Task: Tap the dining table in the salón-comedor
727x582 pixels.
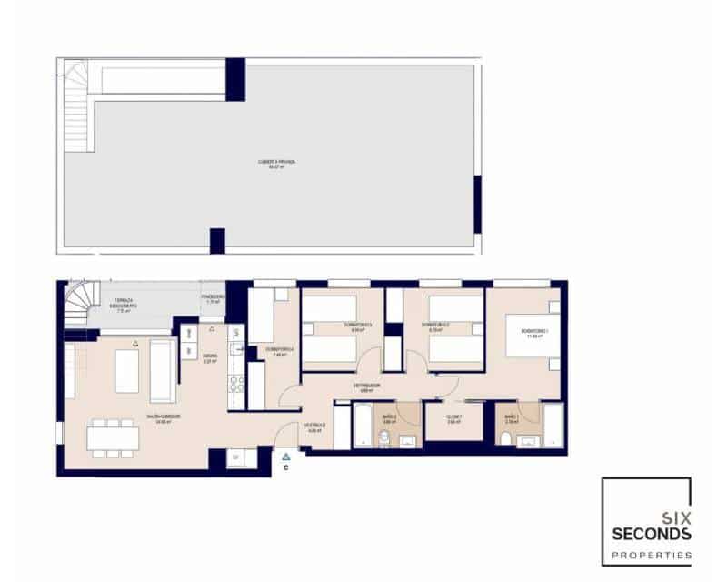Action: (x=114, y=438)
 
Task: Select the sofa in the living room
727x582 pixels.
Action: (x=164, y=370)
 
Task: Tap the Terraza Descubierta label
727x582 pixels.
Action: (x=124, y=304)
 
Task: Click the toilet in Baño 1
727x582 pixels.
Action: (x=506, y=439)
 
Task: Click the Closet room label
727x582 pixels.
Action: (x=454, y=419)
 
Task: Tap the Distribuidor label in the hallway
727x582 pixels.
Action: (x=367, y=386)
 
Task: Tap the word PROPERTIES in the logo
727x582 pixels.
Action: (x=646, y=555)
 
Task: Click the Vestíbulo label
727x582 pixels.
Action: (x=314, y=427)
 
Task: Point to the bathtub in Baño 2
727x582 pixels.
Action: (x=362, y=426)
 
